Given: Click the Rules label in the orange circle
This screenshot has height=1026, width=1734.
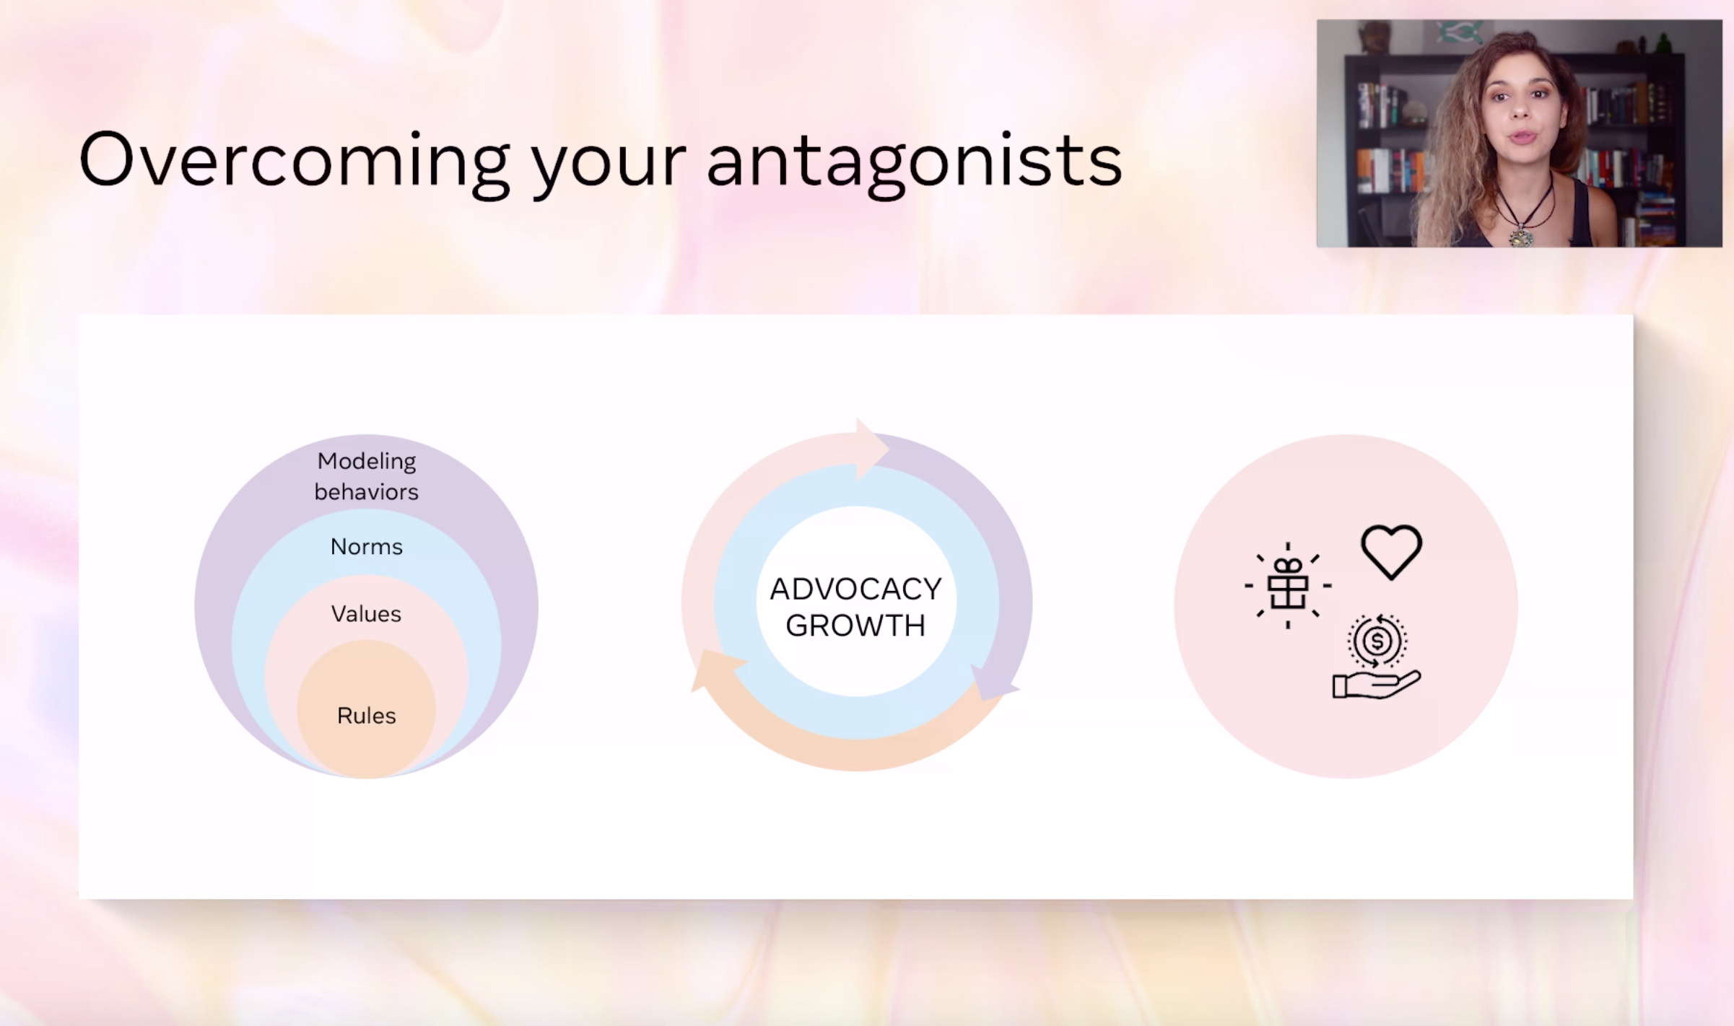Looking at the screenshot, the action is (x=367, y=716).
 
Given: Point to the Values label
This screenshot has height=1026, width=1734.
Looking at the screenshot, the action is (x=366, y=614).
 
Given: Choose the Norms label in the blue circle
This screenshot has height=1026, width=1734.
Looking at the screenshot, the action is (x=367, y=547).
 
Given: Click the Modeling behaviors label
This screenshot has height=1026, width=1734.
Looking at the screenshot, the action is (x=367, y=476).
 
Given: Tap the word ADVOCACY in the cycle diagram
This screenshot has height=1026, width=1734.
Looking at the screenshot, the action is (x=856, y=589).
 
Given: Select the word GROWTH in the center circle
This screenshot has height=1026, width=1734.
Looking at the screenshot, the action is (x=856, y=626).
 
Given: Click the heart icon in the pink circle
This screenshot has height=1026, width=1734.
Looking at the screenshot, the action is (x=1392, y=552).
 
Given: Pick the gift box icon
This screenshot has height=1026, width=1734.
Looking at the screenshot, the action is (x=1288, y=585).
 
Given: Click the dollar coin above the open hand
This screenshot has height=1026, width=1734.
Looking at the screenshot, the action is (x=1377, y=641).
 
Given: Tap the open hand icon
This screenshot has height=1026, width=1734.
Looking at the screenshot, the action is (x=1376, y=685).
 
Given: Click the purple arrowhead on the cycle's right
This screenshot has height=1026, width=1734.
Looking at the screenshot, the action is (x=994, y=682).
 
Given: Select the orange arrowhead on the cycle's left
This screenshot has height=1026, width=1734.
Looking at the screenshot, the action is (x=717, y=669).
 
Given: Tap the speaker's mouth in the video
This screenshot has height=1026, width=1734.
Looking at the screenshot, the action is (x=1523, y=137).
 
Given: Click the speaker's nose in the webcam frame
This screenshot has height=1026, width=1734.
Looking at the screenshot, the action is (x=1521, y=108).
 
